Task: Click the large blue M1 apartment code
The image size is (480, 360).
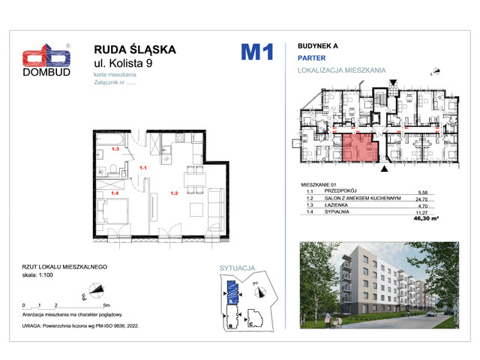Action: click(x=256, y=52)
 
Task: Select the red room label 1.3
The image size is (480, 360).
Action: click(x=115, y=150)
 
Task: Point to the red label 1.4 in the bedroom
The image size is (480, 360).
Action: click(x=115, y=193)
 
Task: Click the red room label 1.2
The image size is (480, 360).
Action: click(x=173, y=193)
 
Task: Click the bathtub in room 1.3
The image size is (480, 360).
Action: click(x=113, y=139)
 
